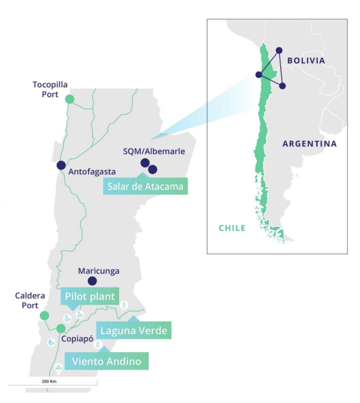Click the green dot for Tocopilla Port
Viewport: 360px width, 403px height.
(69, 99)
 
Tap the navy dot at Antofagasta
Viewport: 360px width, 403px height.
(61, 165)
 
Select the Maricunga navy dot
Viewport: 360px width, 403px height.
(92, 281)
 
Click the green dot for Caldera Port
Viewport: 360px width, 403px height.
(44, 315)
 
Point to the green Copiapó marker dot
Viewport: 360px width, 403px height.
(61, 328)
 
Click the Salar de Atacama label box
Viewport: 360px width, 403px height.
(145, 186)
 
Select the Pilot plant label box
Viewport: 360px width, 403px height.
(90, 297)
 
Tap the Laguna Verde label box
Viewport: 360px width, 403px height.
(134, 331)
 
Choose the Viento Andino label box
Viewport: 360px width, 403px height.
(107, 361)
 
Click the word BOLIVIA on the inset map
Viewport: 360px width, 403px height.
(306, 61)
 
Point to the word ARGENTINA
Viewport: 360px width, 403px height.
(309, 144)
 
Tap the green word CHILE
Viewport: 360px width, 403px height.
(232, 228)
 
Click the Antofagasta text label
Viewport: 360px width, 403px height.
(92, 171)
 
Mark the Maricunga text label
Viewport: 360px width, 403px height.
(99, 271)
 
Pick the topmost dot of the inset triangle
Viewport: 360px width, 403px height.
(279, 50)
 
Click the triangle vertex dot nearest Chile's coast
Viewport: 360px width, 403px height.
(259, 75)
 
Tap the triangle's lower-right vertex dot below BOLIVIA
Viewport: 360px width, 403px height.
(282, 86)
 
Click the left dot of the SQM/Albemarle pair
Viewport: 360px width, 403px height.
(145, 163)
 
